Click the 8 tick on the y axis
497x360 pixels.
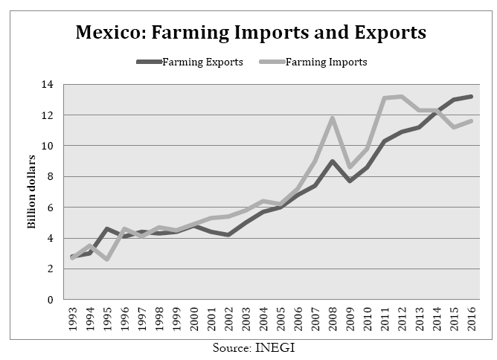pos(48,177)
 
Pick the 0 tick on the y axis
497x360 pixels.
pos(48,300)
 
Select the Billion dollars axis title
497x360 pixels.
pos(32,193)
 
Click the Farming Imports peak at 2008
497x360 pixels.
pos(333,118)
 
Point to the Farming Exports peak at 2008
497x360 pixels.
pos(333,161)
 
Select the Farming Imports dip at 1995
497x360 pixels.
pos(107,260)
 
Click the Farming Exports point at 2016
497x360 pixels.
pos(471,97)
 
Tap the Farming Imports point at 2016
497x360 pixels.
pos(471,121)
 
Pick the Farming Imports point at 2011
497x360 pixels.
pos(385,98)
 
